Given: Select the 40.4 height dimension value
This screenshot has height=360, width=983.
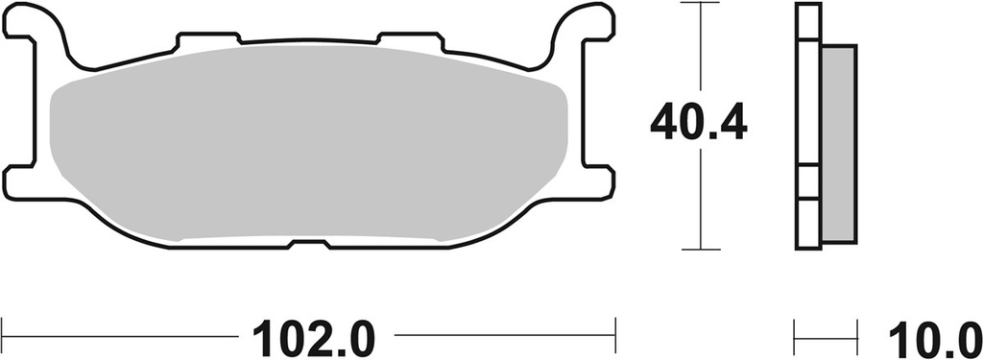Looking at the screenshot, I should tap(698, 123).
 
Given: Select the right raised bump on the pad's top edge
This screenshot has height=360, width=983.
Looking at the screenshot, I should tap(408, 40).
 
